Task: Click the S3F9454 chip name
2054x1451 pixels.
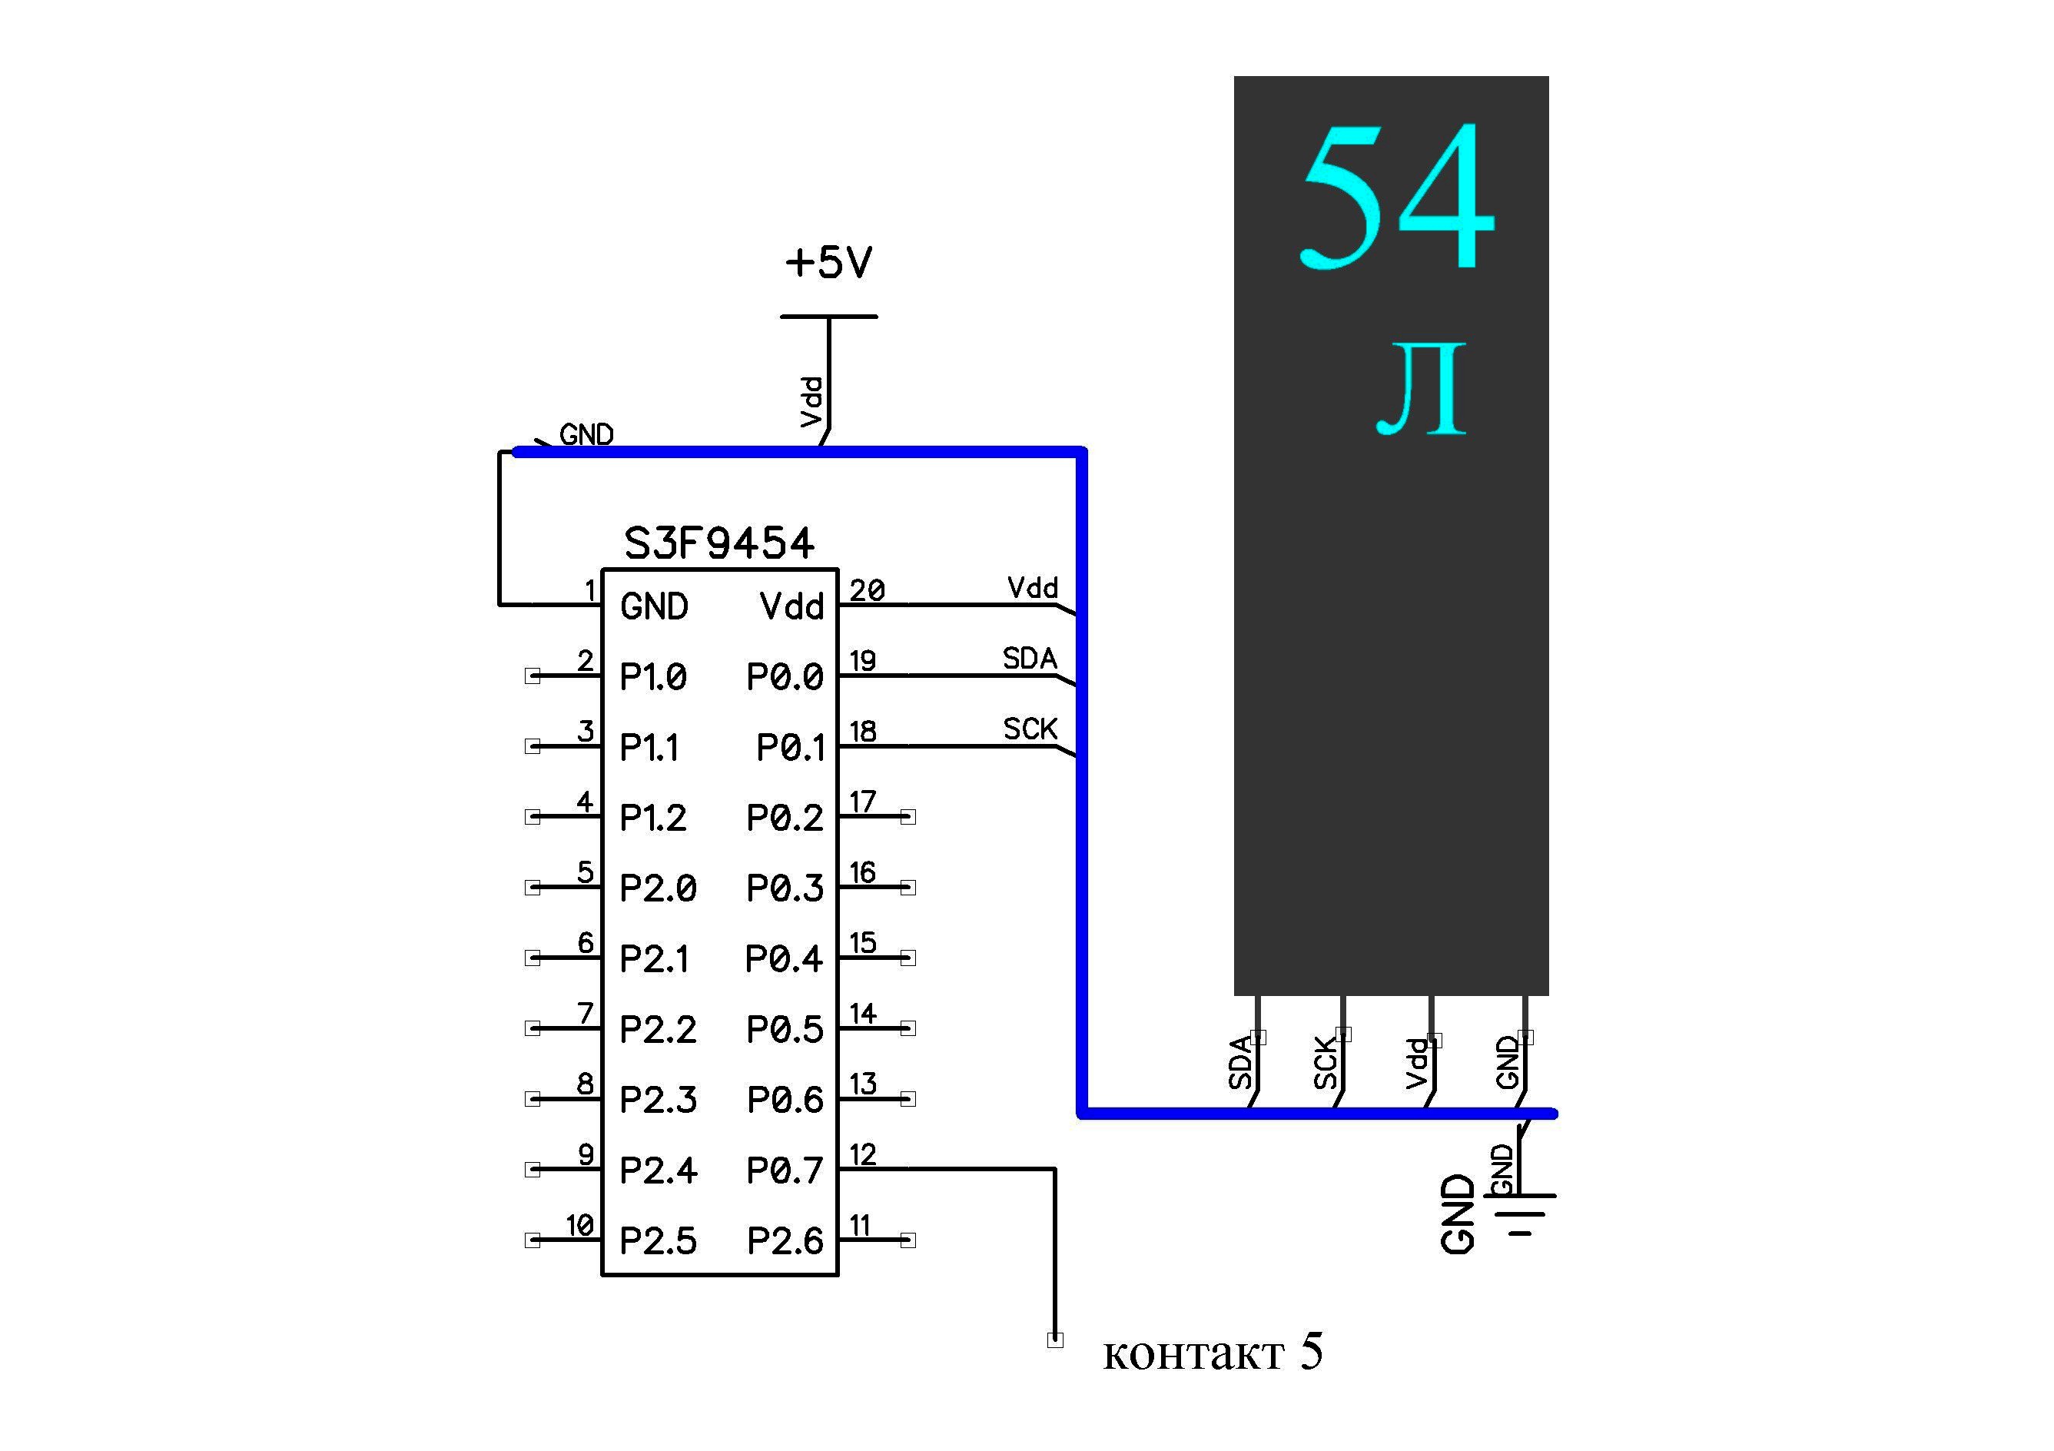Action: [x=719, y=543]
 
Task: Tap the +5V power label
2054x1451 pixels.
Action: [x=828, y=262]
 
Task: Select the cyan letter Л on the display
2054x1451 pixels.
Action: [x=1422, y=389]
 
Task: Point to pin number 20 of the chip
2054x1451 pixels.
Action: [x=867, y=590]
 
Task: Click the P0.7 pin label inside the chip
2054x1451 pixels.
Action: [x=785, y=1170]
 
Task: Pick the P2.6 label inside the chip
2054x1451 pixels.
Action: [x=785, y=1240]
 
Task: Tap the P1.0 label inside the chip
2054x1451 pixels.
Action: [x=653, y=677]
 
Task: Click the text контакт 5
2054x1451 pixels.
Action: [x=1212, y=1352]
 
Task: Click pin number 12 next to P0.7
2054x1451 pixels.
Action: [x=862, y=1155]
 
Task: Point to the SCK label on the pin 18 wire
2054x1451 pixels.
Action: [x=1030, y=729]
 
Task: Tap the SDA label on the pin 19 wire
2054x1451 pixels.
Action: [x=1030, y=659]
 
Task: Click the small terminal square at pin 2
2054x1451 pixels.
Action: [x=533, y=676]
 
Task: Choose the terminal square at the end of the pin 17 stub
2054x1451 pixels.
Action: [x=908, y=817]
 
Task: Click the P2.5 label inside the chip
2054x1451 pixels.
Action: [x=658, y=1240]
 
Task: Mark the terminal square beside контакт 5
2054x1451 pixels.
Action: [x=1056, y=1340]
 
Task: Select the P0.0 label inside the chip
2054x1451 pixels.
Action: [x=785, y=677]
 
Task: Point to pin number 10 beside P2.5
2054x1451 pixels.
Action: [x=579, y=1225]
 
